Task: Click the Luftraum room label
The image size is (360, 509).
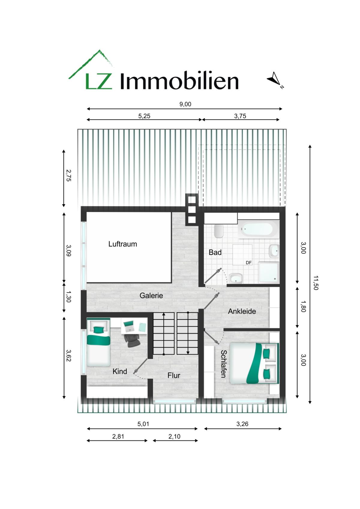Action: click(x=122, y=244)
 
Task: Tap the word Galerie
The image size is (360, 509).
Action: click(x=151, y=295)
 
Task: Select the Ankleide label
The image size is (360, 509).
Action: click(x=242, y=311)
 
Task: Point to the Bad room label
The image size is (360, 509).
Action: click(x=215, y=253)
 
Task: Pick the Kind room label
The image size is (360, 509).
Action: click(x=120, y=371)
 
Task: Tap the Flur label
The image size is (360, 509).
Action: click(x=174, y=376)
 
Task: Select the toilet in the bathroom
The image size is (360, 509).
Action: click(x=219, y=231)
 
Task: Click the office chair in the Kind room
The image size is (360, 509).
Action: click(x=132, y=340)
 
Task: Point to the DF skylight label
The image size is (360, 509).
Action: click(x=249, y=263)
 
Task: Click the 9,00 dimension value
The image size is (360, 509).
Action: click(x=185, y=104)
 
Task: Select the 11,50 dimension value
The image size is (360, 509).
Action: click(x=316, y=283)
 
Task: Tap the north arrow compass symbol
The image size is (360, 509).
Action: click(x=274, y=79)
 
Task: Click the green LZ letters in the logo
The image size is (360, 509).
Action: click(x=99, y=81)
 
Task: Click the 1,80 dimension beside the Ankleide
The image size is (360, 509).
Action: click(x=303, y=307)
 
